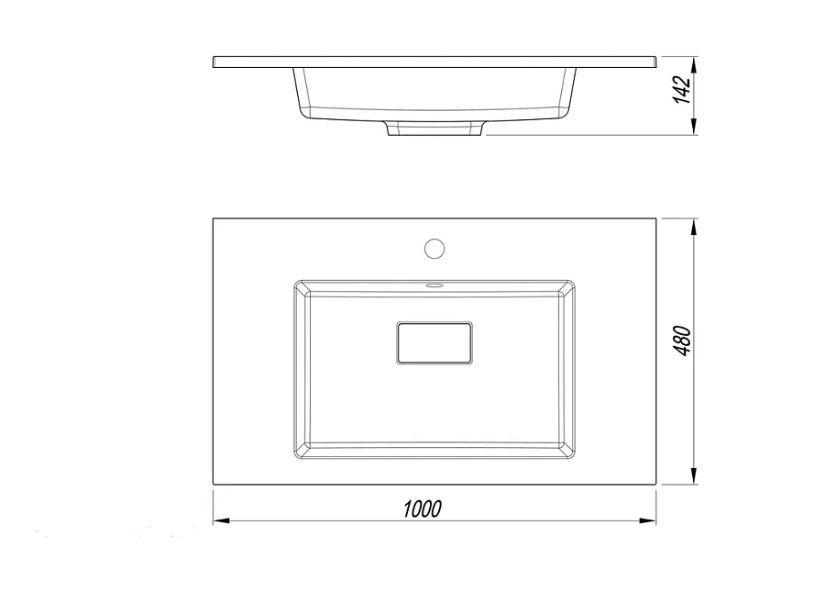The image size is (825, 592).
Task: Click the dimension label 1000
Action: tap(422, 509)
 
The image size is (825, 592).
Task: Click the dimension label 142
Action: tap(682, 90)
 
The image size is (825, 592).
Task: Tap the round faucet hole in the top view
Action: tap(434, 249)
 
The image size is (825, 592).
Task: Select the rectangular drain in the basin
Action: tap(434, 343)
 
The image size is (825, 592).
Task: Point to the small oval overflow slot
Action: tap(434, 285)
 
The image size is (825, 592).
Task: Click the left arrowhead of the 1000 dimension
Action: tap(221, 521)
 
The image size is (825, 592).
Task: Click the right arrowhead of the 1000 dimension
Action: tap(648, 521)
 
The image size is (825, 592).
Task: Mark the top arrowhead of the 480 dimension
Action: tap(694, 227)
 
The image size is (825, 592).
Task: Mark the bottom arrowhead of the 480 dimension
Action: tap(694, 475)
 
